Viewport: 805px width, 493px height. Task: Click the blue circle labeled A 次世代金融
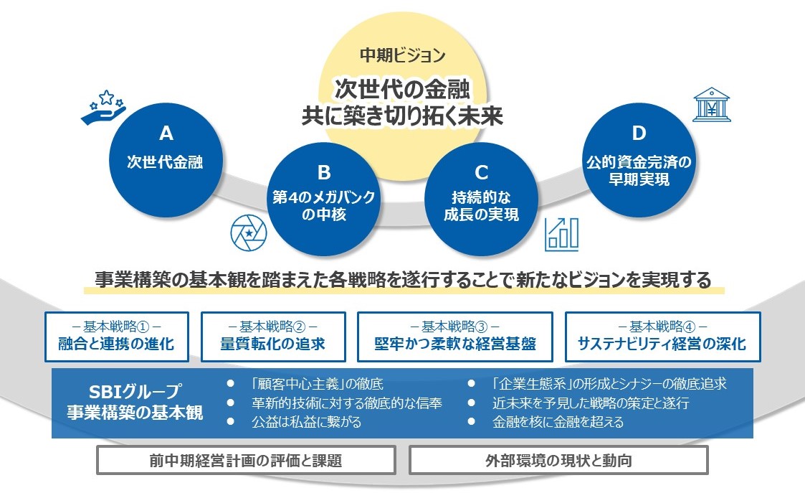(166, 160)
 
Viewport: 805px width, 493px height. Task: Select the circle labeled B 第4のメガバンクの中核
(323, 199)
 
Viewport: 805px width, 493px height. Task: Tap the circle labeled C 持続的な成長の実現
(481, 199)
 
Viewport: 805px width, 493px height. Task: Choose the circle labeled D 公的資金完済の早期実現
(639, 160)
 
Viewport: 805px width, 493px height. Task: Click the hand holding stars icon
(104, 107)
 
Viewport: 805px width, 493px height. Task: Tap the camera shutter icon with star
(249, 233)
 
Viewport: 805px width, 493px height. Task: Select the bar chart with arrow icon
(562, 235)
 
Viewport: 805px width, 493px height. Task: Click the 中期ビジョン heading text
(403, 55)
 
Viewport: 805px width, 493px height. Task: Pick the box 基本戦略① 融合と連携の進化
(117, 337)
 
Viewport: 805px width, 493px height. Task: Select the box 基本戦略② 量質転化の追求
(273, 337)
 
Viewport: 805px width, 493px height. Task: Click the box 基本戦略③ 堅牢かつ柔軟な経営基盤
(455, 337)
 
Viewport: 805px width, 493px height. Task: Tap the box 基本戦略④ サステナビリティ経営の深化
(663, 337)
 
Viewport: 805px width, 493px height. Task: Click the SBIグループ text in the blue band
(135, 392)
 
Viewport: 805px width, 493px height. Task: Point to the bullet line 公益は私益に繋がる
(306, 422)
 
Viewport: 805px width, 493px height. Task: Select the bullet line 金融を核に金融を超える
(558, 422)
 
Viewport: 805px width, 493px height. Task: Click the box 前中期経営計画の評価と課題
(246, 460)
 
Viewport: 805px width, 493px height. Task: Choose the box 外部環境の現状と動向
(558, 460)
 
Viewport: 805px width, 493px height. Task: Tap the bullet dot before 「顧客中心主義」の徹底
(231, 383)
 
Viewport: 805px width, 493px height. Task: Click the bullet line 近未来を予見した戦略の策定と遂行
(591, 403)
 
